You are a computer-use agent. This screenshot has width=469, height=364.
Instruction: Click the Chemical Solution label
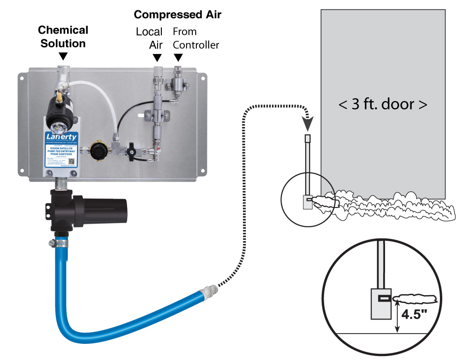(63, 37)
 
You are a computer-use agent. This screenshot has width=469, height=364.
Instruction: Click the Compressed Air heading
(177, 15)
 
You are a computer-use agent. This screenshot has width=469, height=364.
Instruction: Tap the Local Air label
(149, 38)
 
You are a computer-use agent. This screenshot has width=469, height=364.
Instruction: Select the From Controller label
(196, 38)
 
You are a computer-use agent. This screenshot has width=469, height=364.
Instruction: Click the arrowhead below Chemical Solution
(63, 56)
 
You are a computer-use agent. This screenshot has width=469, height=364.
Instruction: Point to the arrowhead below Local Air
(157, 58)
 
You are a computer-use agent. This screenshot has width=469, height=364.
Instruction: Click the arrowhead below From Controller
(178, 58)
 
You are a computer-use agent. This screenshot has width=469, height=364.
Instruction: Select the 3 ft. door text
(383, 104)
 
